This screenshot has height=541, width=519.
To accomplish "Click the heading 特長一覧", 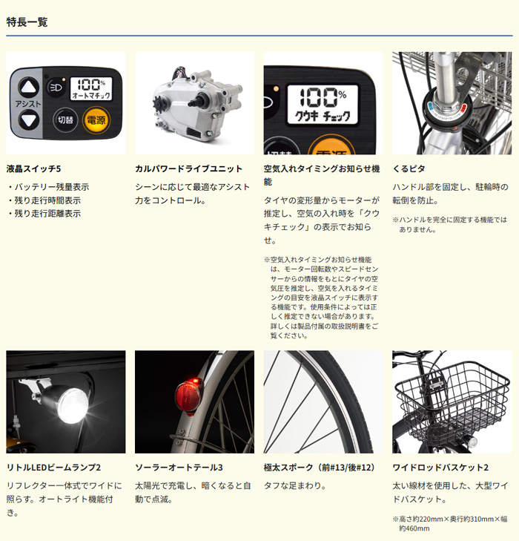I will click(x=27, y=22).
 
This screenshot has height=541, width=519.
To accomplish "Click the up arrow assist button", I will click(x=28, y=85).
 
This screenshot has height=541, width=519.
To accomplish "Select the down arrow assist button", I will click(x=28, y=120).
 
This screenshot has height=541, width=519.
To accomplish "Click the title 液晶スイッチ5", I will click(x=33, y=169).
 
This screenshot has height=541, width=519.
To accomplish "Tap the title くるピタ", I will click(x=409, y=169).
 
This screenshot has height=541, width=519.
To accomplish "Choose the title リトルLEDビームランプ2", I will click(x=53, y=468).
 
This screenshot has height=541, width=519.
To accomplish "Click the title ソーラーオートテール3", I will click(x=179, y=468).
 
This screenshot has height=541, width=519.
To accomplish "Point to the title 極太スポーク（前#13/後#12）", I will click(x=320, y=468).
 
